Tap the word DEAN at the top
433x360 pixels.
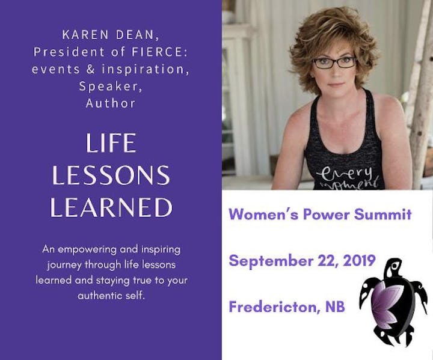tap(138, 35)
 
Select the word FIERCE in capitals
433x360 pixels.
tap(157, 52)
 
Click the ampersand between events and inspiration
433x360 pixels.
tap(91, 69)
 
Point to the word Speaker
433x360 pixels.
tap(111, 86)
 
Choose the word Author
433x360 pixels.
tap(111, 103)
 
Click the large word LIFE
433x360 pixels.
tap(111, 142)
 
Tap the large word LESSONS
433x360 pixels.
tap(111, 175)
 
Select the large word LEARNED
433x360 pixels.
tap(111, 207)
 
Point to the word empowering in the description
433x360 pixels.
tap(87, 250)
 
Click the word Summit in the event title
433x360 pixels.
tap(383, 214)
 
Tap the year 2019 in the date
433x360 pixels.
tap(359, 260)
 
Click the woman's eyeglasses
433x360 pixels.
tap(334, 63)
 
